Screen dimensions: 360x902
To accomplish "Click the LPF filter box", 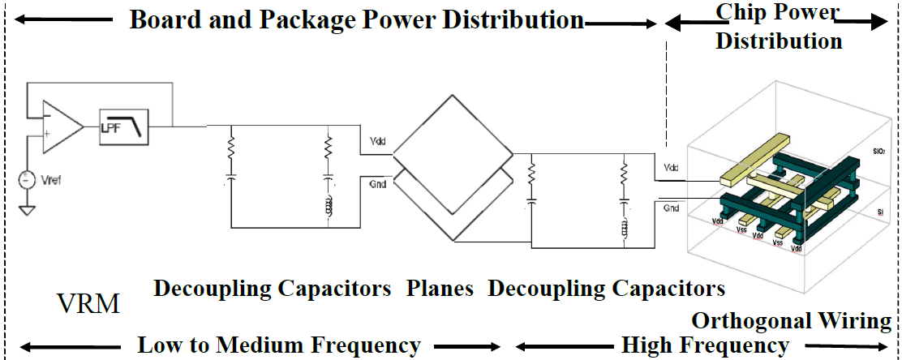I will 124,126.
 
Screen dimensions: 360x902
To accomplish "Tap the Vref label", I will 49,180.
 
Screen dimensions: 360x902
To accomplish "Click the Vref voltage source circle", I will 27,179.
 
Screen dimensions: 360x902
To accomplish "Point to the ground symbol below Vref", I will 27,212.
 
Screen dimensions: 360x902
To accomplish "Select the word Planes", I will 440,288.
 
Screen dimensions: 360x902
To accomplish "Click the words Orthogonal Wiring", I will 791,321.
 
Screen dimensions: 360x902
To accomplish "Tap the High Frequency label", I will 705,345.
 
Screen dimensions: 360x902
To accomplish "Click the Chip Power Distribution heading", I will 778,26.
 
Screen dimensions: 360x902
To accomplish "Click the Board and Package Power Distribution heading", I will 357,19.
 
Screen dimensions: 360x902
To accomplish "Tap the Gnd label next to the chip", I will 671,208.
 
